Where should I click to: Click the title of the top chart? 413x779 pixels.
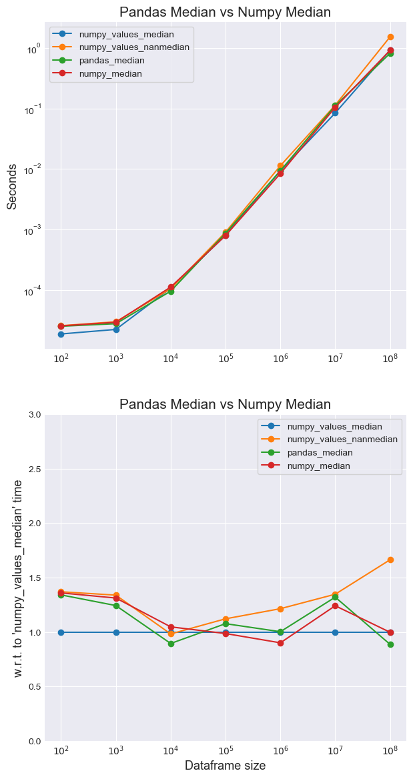(x=224, y=12)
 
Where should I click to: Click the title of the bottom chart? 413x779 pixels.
(x=224, y=404)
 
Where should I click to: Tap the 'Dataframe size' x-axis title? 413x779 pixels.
(x=225, y=766)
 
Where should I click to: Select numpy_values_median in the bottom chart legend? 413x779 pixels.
(x=334, y=426)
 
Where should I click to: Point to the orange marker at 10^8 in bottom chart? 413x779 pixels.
(x=390, y=560)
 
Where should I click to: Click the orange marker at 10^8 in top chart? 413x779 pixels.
(x=390, y=37)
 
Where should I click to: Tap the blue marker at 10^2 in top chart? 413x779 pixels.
(x=61, y=334)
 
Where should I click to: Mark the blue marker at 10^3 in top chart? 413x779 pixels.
(x=116, y=329)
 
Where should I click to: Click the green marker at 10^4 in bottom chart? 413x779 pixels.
(x=171, y=644)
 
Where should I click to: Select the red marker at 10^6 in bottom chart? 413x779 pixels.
(x=280, y=643)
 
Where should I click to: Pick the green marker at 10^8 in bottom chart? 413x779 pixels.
(x=390, y=644)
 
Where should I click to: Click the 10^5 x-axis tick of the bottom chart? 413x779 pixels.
(x=226, y=750)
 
